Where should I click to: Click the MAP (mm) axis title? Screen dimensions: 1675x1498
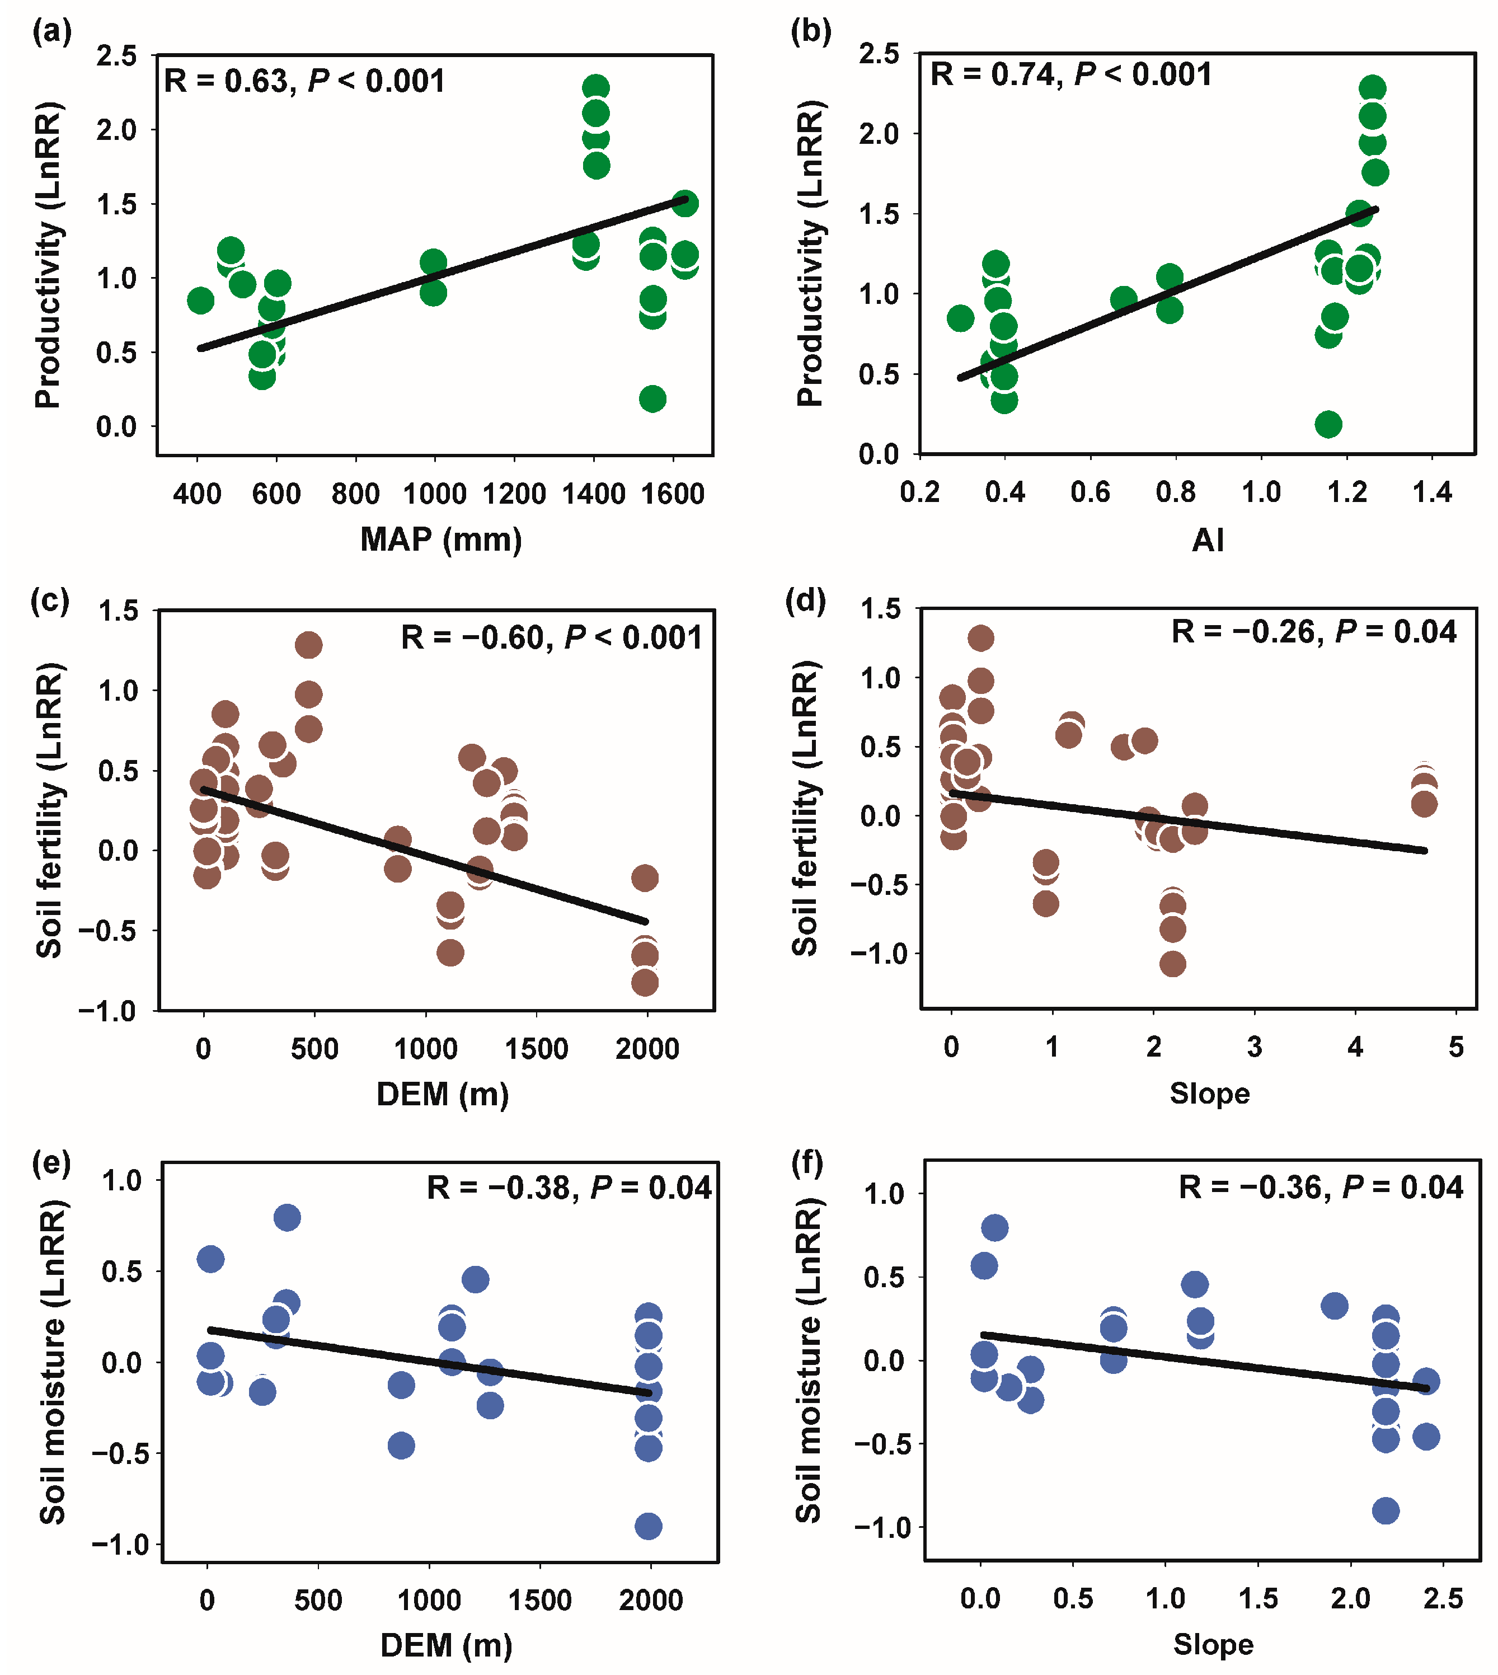click(441, 539)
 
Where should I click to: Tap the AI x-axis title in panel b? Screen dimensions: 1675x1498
click(1208, 540)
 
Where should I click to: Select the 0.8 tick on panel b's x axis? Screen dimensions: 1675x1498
click(1175, 492)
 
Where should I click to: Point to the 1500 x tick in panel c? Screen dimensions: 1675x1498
click(537, 1049)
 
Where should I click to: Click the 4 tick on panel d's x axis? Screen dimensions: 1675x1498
click(1355, 1047)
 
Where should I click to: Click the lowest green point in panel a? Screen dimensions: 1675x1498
click(652, 399)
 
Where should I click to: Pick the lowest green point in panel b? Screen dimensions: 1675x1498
click(1328, 425)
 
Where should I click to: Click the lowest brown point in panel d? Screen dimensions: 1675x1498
click(1172, 964)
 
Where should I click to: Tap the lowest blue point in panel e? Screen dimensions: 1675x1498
click(648, 1527)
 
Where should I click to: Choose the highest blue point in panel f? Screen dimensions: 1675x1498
click(994, 1228)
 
